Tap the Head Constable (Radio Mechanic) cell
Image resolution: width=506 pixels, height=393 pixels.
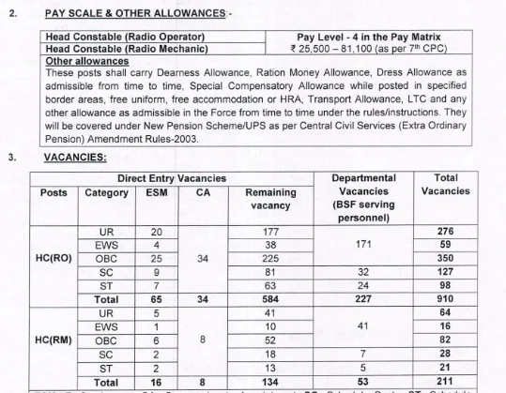point(125,48)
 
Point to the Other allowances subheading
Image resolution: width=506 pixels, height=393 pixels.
point(86,60)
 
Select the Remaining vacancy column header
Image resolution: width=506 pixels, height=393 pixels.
point(270,199)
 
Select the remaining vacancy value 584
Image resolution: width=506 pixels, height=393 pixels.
point(271,299)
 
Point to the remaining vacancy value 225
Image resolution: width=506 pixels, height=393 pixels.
point(271,258)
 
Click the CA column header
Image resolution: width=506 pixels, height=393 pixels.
point(204,192)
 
